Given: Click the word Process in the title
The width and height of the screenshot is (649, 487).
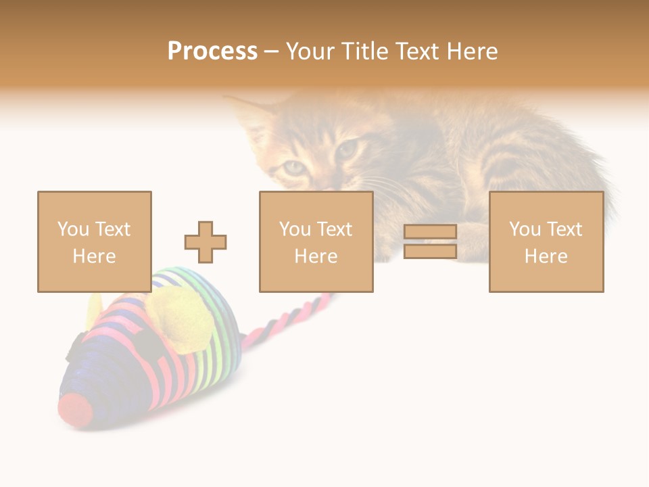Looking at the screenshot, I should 212,51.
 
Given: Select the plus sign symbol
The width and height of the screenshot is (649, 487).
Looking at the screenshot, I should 206,241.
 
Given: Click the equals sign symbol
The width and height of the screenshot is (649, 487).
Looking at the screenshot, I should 430,241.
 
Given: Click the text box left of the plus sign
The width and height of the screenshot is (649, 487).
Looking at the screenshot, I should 95,241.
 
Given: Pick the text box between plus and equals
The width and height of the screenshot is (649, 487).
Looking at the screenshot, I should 316,241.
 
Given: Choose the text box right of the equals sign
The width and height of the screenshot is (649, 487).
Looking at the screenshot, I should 546,241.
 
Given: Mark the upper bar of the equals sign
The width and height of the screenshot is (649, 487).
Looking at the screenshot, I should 430,232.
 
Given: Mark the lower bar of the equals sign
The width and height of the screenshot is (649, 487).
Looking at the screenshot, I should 430,252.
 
